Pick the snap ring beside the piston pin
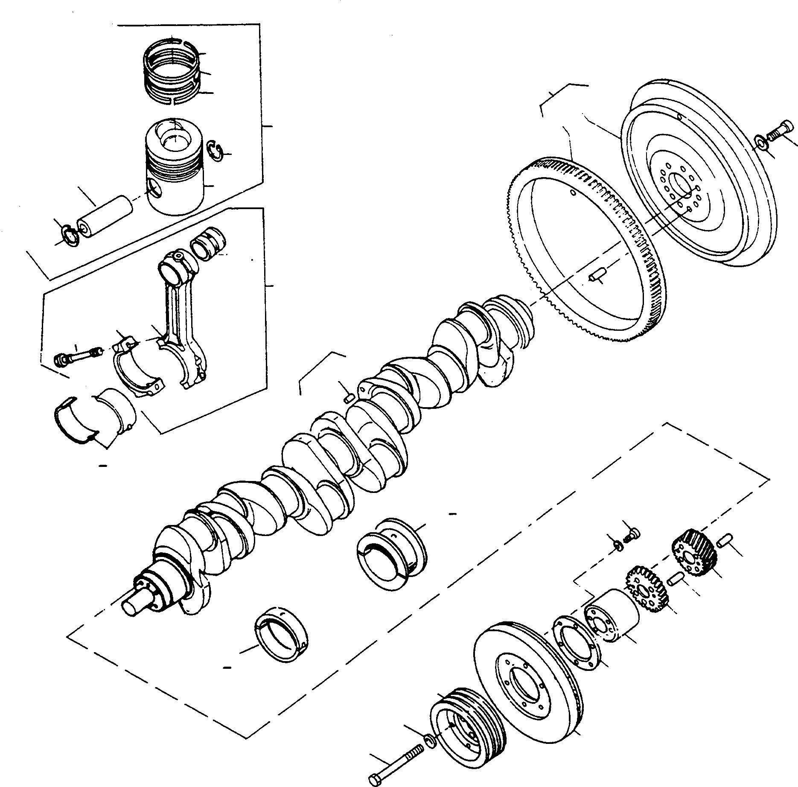tap(69, 235)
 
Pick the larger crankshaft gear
tap(695, 552)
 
